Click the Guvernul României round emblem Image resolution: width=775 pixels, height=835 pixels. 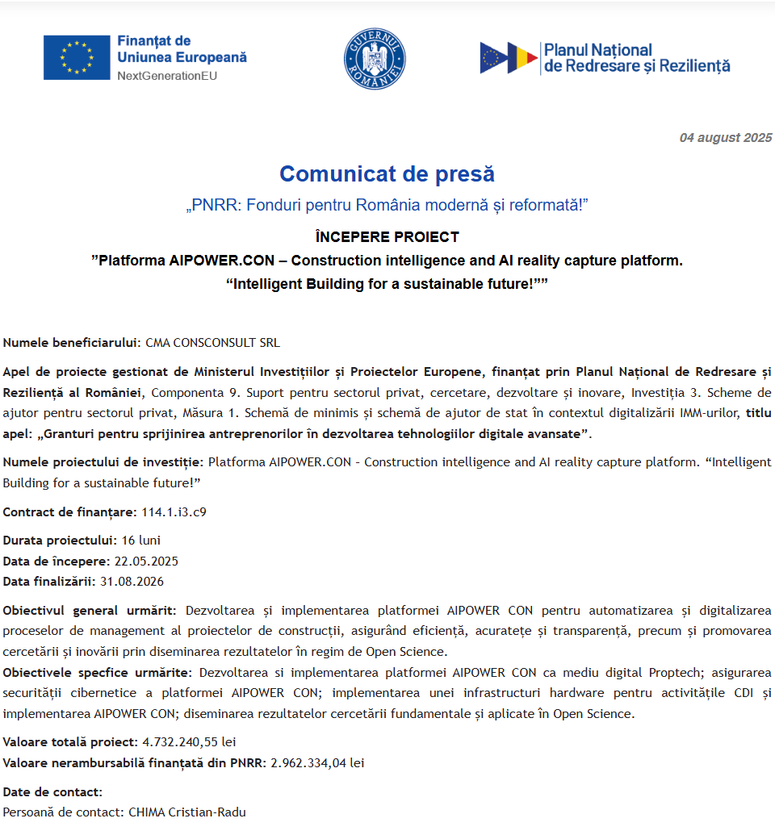tap(375, 58)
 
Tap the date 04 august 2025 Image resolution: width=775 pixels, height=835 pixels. tap(725, 137)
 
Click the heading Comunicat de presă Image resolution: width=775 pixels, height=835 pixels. tap(387, 173)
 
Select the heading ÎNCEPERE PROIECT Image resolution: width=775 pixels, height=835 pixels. tap(387, 237)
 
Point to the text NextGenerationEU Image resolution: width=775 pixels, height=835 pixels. tap(167, 76)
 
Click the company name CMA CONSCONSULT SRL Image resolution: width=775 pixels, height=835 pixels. tap(212, 342)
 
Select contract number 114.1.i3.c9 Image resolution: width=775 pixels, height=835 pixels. tap(174, 511)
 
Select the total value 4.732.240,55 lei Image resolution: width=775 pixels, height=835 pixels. tap(189, 741)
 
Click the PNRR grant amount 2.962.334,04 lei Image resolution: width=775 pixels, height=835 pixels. tap(317, 762)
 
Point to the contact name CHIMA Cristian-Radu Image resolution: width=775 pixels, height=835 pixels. tap(187, 812)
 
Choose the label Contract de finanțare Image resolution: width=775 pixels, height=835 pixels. tap(69, 511)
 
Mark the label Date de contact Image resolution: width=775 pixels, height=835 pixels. tap(52, 791)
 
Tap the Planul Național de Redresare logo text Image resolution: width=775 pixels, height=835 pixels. tap(636, 58)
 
